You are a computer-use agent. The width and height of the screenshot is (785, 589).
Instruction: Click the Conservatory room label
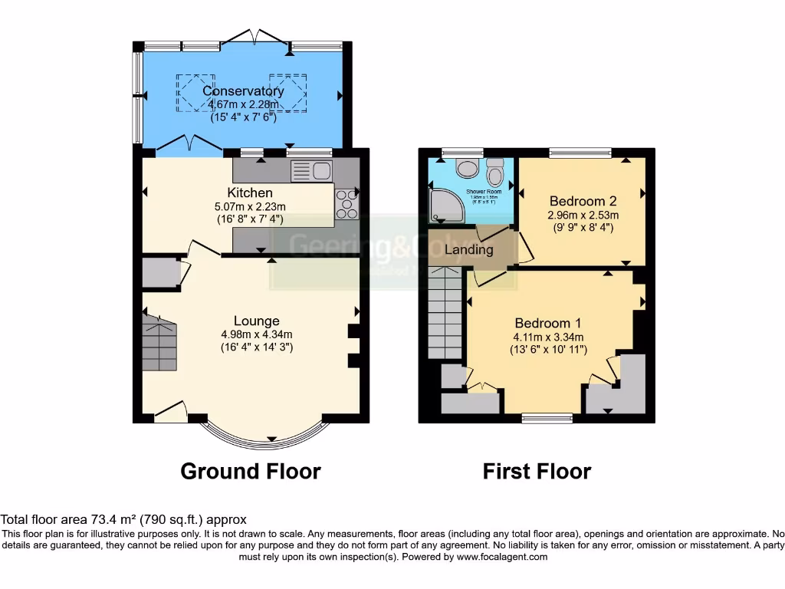point(243,91)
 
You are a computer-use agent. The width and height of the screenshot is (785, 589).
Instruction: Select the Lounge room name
point(256,321)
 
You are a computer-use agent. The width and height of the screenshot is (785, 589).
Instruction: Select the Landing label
point(468,250)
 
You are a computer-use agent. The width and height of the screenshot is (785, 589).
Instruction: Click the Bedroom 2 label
point(583,202)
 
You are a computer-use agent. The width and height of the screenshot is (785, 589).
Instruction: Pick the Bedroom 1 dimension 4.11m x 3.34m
point(548,337)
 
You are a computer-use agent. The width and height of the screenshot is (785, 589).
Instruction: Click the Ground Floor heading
point(250,471)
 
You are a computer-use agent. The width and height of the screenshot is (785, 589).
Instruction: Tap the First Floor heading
point(537,471)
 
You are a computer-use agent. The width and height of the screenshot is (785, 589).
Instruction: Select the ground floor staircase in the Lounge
point(159,345)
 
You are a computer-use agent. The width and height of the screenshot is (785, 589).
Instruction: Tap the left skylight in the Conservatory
point(197,92)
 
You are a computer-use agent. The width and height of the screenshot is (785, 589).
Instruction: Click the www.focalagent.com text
point(503,557)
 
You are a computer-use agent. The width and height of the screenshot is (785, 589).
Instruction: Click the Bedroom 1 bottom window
point(547,418)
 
